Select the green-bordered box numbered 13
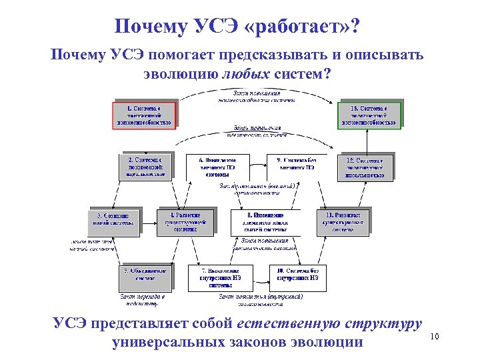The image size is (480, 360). pyautogui.click(x=369, y=115)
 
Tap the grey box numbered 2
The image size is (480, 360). pyautogui.click(x=145, y=167)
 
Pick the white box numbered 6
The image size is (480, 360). pyautogui.click(x=219, y=167)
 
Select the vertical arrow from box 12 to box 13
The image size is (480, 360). pyautogui.click(x=367, y=141)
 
